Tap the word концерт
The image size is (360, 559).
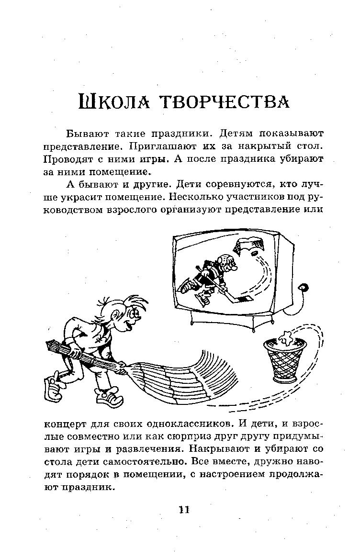tap(66, 424)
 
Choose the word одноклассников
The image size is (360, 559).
tap(182, 424)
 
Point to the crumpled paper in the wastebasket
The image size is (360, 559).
tap(285, 338)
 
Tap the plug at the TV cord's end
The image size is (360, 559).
tap(303, 288)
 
